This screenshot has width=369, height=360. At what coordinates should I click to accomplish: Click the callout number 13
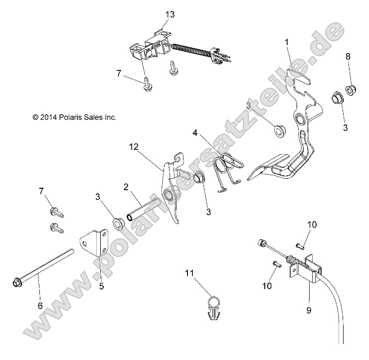tap(170, 14)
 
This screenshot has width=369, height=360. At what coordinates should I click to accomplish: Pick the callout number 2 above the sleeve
tap(127, 187)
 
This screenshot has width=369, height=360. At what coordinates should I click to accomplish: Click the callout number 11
tap(189, 273)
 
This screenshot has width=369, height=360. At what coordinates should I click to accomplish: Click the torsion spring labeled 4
tap(227, 170)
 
